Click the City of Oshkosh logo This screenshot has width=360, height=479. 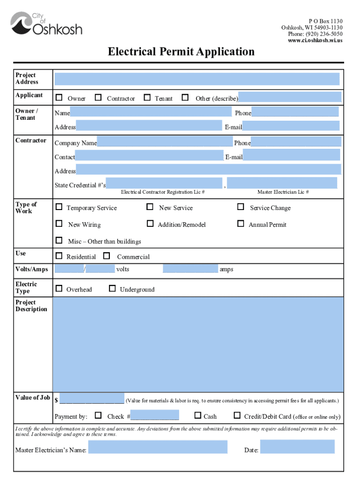click(46, 24)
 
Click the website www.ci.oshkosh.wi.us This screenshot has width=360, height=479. click(316, 41)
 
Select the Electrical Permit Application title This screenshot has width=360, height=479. click(181, 51)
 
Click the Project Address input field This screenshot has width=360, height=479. click(197, 79)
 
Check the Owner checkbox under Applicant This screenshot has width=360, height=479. click(59, 98)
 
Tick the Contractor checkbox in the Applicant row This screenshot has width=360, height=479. click(98, 98)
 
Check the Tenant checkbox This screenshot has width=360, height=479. click(147, 98)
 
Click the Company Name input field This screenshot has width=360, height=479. click(165, 142)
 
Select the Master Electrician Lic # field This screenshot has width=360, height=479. click(282, 183)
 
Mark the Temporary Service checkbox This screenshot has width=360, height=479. click(59, 207)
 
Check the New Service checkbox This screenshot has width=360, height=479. click(150, 207)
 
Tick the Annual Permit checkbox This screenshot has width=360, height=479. click(241, 224)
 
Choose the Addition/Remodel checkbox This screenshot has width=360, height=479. click(150, 224)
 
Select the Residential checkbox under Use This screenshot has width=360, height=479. click(59, 256)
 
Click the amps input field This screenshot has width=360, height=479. click(190, 269)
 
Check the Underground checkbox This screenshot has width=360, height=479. click(112, 289)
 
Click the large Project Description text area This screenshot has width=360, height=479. click(197, 344)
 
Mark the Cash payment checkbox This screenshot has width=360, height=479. click(197, 415)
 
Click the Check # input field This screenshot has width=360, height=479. click(154, 415)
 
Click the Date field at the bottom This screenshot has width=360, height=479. click(297, 447)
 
